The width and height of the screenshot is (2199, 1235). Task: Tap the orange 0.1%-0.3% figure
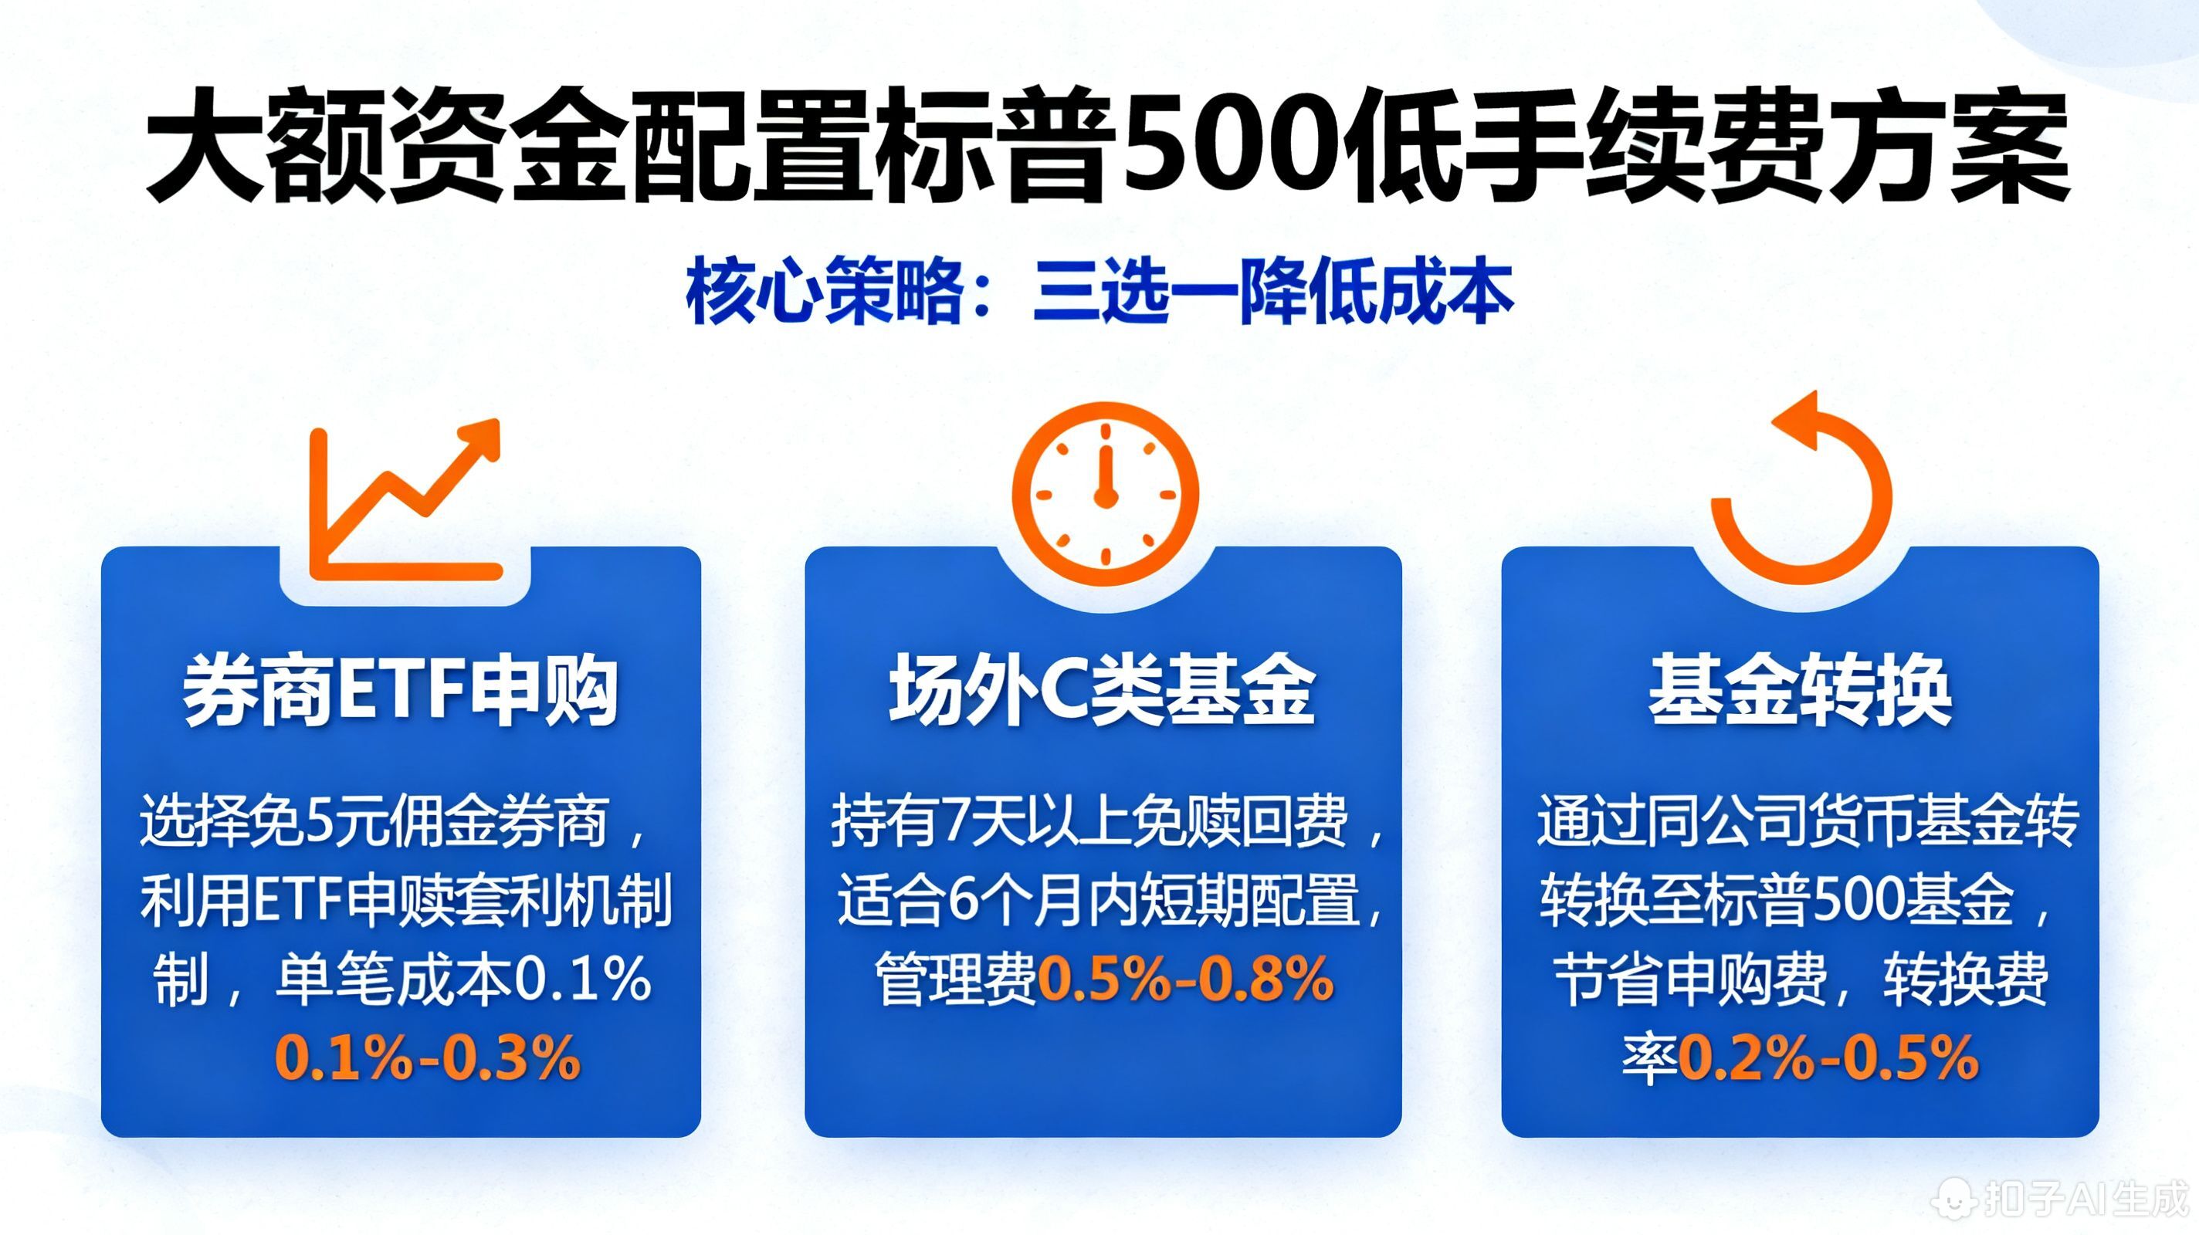tap(428, 1058)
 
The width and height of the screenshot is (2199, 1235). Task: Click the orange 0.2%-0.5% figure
tap(1828, 1058)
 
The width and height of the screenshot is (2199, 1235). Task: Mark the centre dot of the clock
tap(1106, 496)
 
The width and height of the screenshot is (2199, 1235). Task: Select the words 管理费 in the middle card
tap(955, 979)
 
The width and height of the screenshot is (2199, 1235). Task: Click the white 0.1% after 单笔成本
tap(584, 979)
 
